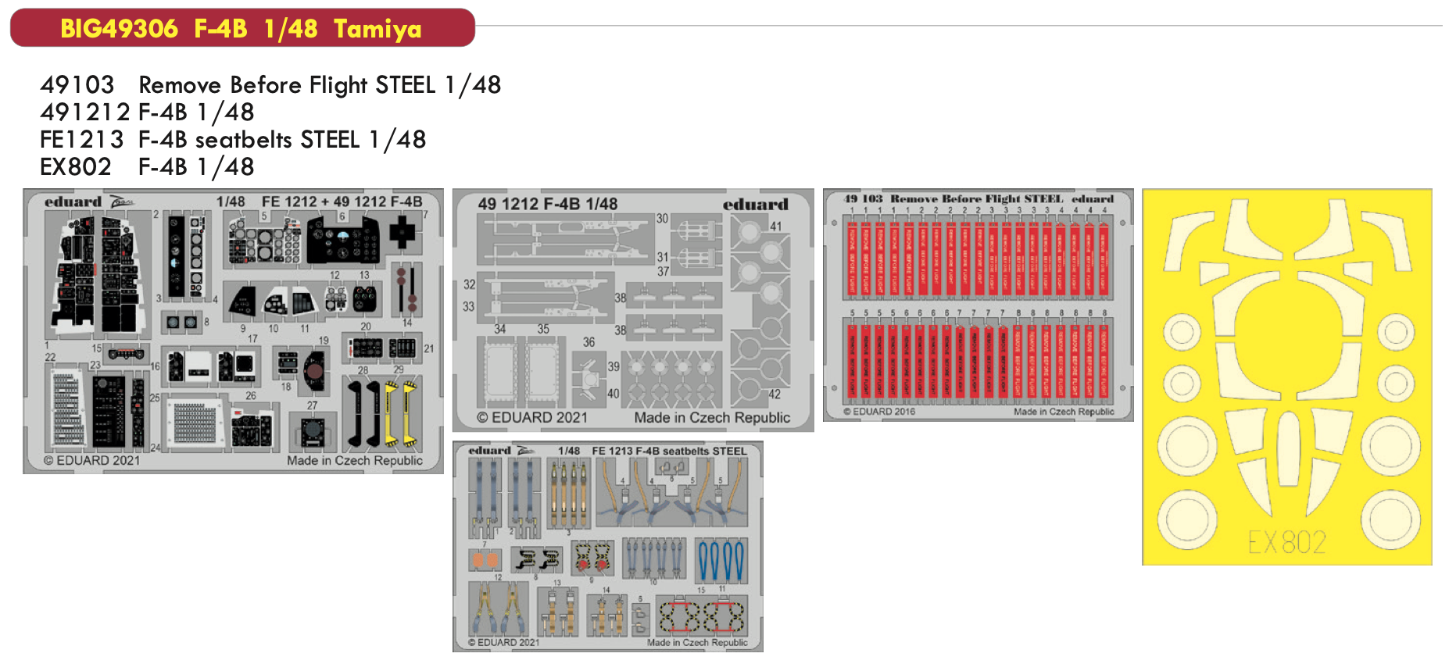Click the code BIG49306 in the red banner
point(119,29)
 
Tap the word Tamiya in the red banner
point(377,29)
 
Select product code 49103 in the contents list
point(77,84)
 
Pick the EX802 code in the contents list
point(75,167)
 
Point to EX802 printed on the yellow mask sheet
point(1286,542)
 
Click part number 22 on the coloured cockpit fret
point(50,357)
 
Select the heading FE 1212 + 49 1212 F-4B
point(342,202)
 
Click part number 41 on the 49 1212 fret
point(775,227)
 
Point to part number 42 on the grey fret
point(774,394)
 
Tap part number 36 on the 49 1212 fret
point(589,342)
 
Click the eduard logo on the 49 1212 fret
point(755,205)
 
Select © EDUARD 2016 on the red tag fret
point(878,412)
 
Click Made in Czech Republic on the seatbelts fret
point(696,643)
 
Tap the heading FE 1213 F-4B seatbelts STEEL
point(669,451)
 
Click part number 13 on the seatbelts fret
point(557,583)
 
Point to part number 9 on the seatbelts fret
point(592,580)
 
